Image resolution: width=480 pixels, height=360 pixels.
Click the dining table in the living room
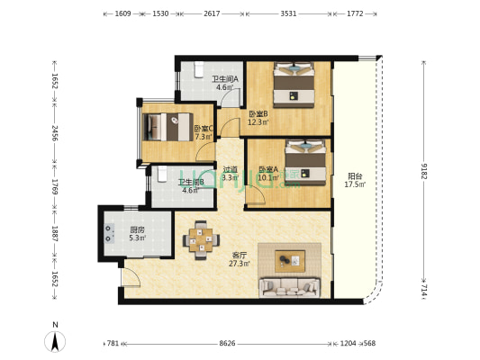[201, 239]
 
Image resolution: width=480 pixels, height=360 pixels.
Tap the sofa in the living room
[290, 288]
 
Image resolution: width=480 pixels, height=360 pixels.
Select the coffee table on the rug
[290, 261]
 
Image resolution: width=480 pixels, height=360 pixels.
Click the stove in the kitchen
[109, 233]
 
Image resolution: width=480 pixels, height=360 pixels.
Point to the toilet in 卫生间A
[199, 69]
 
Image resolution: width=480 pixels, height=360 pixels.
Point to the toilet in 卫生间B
[162, 174]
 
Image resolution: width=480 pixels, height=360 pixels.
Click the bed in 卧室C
[168, 127]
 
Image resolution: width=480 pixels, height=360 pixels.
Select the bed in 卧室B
[294, 85]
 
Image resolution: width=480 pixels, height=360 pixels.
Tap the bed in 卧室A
[305, 162]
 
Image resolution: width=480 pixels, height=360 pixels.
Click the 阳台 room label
[355, 176]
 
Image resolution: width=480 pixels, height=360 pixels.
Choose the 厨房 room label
[137, 229]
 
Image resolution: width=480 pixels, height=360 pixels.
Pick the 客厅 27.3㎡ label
[239, 259]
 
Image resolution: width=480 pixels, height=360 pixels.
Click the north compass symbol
[55, 339]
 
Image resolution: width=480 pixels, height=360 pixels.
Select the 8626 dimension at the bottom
[227, 344]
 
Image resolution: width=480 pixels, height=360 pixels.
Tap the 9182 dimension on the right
[423, 171]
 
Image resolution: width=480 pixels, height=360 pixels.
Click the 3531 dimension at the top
[288, 13]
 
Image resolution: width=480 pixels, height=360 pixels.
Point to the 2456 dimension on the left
[55, 132]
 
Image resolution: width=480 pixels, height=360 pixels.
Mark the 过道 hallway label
[231, 169]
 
